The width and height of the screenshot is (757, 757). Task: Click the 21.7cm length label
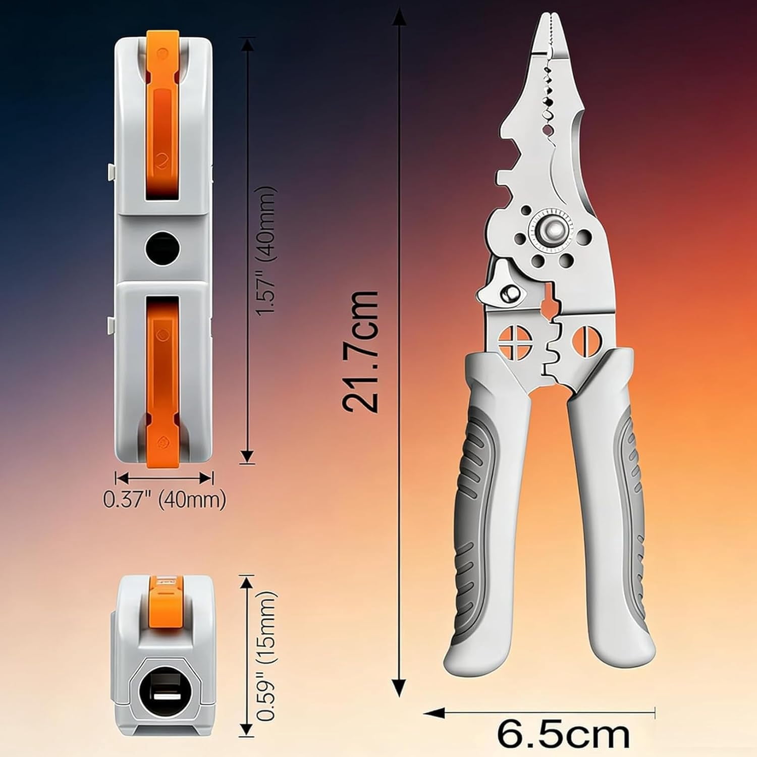tap(359, 352)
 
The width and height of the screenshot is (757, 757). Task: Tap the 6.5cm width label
tap(563, 735)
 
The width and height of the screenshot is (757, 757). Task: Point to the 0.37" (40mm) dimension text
tap(165, 500)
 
